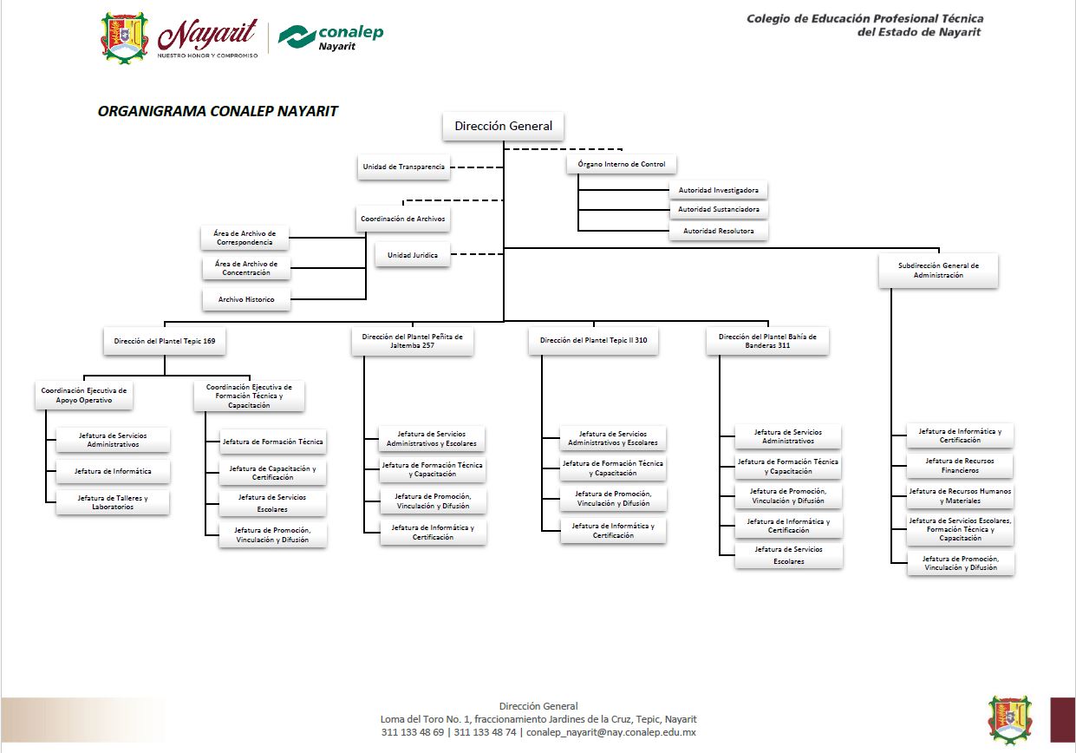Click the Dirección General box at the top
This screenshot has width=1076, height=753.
click(x=503, y=126)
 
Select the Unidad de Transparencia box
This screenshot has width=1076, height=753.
click(x=404, y=167)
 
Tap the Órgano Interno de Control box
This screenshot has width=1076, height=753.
click(x=622, y=164)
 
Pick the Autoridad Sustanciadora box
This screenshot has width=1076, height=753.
click(x=718, y=209)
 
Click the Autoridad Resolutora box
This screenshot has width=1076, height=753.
click(x=718, y=231)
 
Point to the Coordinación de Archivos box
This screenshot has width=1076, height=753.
click(x=402, y=219)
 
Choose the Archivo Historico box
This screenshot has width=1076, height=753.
click(x=246, y=299)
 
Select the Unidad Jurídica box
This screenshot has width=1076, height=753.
click(x=413, y=255)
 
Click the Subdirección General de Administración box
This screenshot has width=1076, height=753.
click(x=938, y=270)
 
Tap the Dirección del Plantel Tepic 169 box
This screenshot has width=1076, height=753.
click(x=165, y=341)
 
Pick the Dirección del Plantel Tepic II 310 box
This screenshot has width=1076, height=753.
click(x=593, y=341)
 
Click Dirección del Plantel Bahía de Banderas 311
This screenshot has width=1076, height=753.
click(x=766, y=341)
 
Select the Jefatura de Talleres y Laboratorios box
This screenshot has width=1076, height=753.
click(x=113, y=502)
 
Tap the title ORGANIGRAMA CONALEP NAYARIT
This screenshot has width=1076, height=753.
click(x=218, y=111)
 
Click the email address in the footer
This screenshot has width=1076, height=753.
click(x=611, y=732)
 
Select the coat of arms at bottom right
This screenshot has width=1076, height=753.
click(x=1010, y=719)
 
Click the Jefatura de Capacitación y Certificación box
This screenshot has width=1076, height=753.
click(x=272, y=473)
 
